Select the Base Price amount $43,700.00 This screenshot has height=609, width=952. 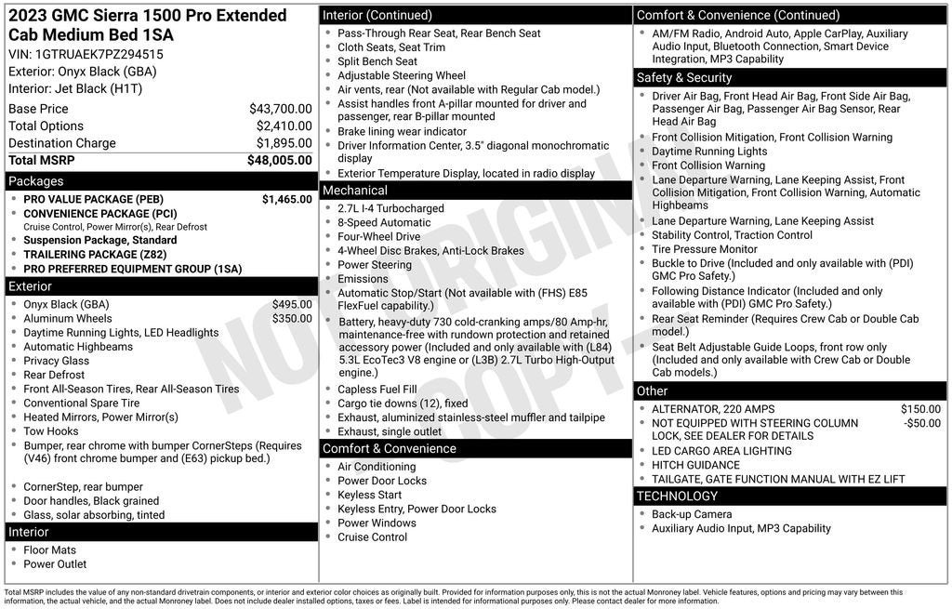click(x=280, y=109)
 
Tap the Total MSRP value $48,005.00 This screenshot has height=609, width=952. click(x=279, y=160)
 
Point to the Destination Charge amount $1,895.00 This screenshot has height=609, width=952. click(x=284, y=143)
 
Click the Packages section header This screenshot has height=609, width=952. click(x=36, y=181)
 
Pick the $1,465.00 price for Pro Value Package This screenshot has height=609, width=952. click(x=286, y=199)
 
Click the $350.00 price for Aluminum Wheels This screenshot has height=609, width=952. click(x=292, y=318)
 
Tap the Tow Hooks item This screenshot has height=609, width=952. click(x=51, y=430)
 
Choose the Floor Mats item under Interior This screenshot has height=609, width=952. click(x=50, y=549)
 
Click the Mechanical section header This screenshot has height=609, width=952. click(x=355, y=191)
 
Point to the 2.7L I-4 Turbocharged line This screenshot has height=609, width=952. click(x=390, y=208)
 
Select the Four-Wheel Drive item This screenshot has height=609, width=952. click(x=379, y=236)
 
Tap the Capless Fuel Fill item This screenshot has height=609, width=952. click(x=377, y=390)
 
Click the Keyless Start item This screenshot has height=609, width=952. click(x=370, y=495)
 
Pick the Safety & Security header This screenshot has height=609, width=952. click(x=684, y=77)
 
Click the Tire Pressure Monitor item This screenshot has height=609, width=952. click(x=705, y=249)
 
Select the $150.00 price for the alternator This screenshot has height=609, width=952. click(x=920, y=409)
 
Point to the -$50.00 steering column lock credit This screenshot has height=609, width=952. click(x=922, y=423)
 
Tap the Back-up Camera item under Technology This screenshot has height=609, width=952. click(x=692, y=514)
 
